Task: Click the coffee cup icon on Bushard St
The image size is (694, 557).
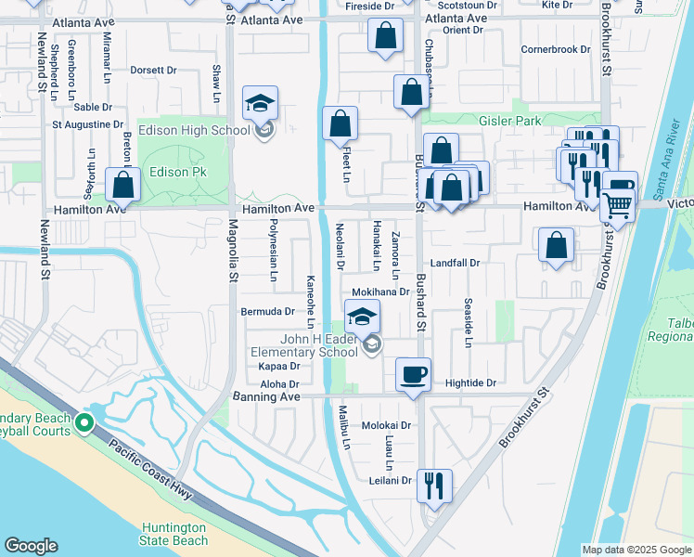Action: coord(413,374)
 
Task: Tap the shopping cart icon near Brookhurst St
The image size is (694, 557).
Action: coord(618,202)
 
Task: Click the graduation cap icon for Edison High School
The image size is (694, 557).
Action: coord(261,103)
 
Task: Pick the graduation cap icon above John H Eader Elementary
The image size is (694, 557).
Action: coord(363,317)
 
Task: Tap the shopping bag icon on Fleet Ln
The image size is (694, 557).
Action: coord(341,123)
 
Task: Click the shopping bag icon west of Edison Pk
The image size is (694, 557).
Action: coord(123,185)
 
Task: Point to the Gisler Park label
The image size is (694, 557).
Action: coord(509,121)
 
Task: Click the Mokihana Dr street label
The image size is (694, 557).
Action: coord(380,291)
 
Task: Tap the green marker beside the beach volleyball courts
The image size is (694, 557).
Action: coord(84,424)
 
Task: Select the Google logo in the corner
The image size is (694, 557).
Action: coord(32,546)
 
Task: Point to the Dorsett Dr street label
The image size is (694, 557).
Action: coord(153,70)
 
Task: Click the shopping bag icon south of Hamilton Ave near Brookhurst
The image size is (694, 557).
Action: coord(556,246)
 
